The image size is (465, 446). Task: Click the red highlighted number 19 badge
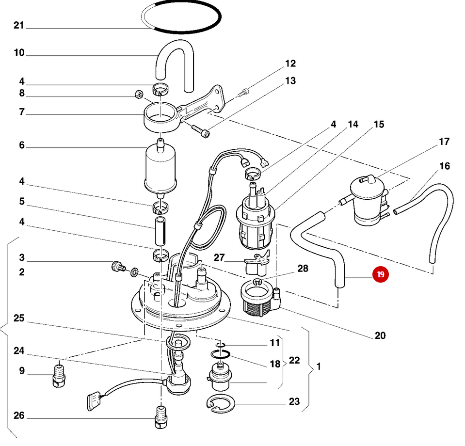pyautogui.click(x=380, y=274)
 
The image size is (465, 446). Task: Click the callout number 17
pyautogui.click(x=444, y=142)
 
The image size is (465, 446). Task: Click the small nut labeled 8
pyautogui.click(x=137, y=94)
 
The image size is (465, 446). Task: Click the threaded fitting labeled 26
pyautogui.click(x=160, y=417)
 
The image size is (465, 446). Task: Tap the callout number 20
pyautogui.click(x=380, y=335)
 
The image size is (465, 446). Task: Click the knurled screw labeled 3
pyautogui.click(x=116, y=265)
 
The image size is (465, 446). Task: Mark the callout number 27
pyautogui.click(x=220, y=257)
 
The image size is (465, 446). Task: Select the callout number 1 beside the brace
pyautogui.click(x=319, y=366)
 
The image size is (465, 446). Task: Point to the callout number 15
pyautogui.click(x=379, y=125)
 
